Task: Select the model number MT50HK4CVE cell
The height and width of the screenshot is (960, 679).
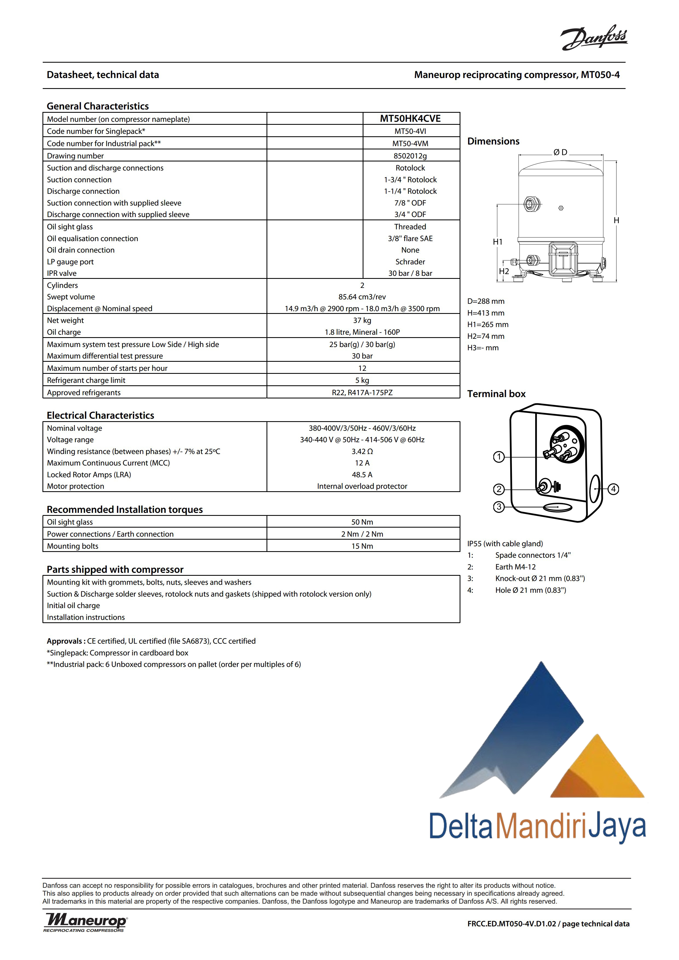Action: click(x=410, y=119)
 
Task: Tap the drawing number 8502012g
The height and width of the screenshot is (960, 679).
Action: click(x=410, y=156)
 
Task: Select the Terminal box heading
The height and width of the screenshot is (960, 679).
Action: click(x=496, y=394)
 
